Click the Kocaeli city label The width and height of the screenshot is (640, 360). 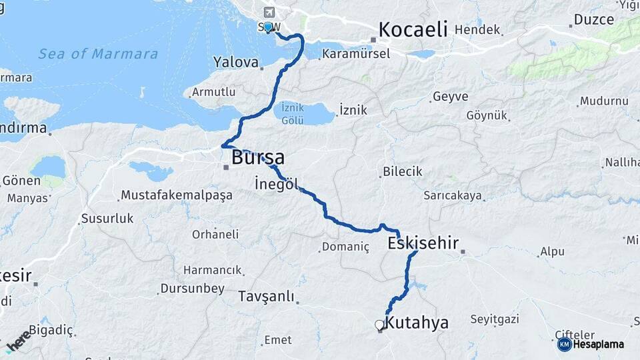pos(412,30)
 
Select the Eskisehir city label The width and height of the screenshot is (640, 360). pos(423,244)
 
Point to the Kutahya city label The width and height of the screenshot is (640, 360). pos(417,323)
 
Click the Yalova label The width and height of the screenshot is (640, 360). pos(235,63)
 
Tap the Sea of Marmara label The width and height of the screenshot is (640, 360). pos(98,54)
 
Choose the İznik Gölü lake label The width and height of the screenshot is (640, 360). pos(293,113)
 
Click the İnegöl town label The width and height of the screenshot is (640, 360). pos(276,184)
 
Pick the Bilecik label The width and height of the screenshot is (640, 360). pos(402,172)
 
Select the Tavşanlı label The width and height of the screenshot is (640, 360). pos(266,297)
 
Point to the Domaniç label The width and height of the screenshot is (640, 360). pos(345,247)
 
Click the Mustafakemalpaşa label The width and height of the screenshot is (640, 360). pos(176,195)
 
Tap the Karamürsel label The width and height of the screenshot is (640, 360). pos(355,54)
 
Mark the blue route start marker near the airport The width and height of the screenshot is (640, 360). pos(268,27)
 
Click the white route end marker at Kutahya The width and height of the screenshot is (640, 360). pos(379,325)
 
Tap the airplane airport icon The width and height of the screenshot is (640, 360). pos(269,12)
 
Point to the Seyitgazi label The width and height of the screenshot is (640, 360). pos(494,319)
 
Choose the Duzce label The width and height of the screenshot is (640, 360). pos(593,20)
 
